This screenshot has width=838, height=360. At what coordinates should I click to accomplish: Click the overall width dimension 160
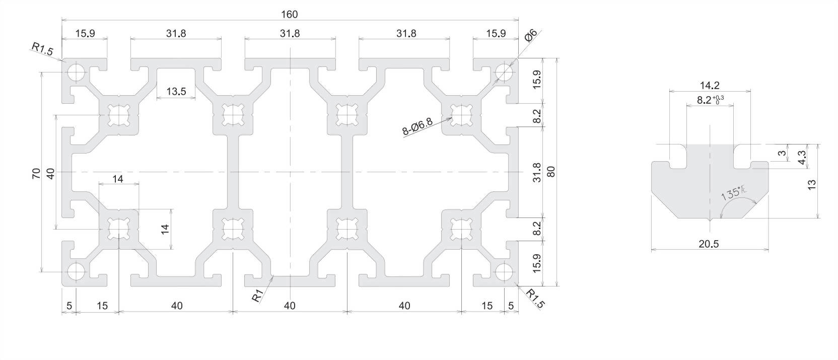pos(290,15)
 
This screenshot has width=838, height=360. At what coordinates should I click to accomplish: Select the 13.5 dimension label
pos(176,92)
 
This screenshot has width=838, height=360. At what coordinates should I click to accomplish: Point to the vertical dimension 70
pos(36,174)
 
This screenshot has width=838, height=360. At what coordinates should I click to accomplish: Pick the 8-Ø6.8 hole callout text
pos(417,126)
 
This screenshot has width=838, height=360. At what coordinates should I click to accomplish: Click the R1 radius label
pos(258,296)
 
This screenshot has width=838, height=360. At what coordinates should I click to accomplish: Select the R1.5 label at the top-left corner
pos(42,49)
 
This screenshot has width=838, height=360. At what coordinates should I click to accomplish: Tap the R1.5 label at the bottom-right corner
pos(535,299)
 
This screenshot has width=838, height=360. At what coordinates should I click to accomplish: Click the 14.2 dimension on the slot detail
pos(709,86)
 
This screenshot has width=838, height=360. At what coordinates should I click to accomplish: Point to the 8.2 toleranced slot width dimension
pos(710,100)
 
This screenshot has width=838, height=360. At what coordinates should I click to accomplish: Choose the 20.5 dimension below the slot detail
pos(709,244)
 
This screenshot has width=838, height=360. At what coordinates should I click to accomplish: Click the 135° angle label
pos(734,193)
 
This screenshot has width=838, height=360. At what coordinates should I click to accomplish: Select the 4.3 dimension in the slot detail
pos(802,157)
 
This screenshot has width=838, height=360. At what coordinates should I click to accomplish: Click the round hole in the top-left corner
pos(77,72)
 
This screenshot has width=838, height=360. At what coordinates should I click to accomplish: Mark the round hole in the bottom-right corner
pos(504,272)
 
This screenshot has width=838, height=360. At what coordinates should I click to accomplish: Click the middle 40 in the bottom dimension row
pos(290,306)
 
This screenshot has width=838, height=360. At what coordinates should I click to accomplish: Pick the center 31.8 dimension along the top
pos(290,34)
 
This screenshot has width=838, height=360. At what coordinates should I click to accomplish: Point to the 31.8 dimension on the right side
pos(537,172)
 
